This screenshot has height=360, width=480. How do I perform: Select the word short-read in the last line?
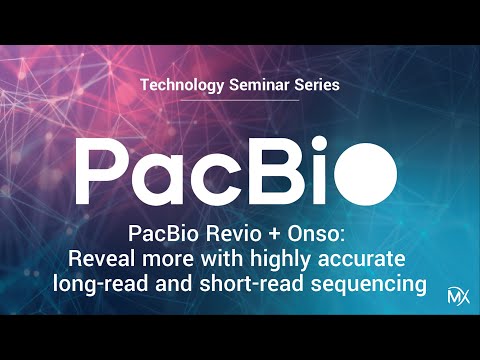coord(233,285)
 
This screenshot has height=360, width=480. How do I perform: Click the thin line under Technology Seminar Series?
coord(240,101)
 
